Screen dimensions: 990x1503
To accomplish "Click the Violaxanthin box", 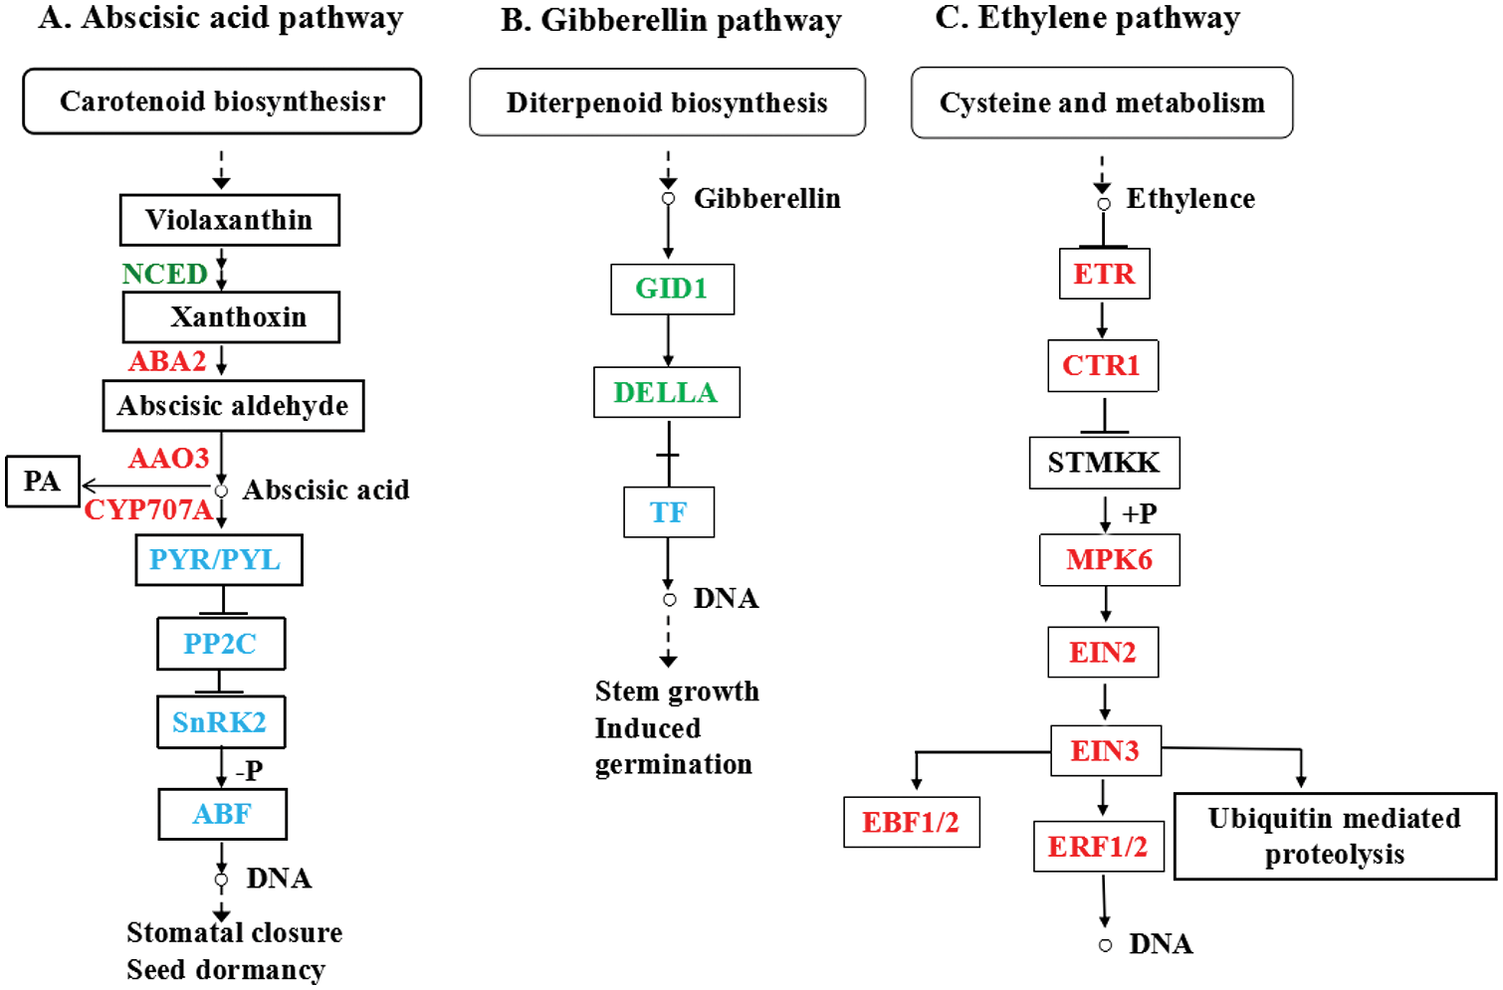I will (x=229, y=220).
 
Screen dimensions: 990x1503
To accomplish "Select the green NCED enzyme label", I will (x=164, y=274).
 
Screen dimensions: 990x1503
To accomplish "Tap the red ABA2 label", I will (x=167, y=361).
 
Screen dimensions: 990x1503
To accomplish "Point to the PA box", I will (x=42, y=482).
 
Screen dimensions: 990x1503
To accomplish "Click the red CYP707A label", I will (x=148, y=510).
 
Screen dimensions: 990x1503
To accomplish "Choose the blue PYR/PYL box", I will (x=218, y=560).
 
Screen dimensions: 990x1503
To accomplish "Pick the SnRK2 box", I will (x=220, y=722).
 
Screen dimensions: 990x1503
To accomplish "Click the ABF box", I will (x=222, y=814).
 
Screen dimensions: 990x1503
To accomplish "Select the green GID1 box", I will (x=672, y=290).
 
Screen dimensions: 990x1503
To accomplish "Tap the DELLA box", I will (x=666, y=392).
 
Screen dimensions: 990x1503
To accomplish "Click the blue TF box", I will (x=668, y=512).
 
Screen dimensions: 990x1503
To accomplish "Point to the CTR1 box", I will (x=1102, y=365).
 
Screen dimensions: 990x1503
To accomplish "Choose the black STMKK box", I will (x=1104, y=463).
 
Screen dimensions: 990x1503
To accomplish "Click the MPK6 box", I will (x=1109, y=560).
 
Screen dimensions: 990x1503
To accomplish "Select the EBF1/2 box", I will (x=911, y=822).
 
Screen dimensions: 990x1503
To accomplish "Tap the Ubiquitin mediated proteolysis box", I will (x=1334, y=837).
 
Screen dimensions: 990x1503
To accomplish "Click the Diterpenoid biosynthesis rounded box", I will (x=667, y=102).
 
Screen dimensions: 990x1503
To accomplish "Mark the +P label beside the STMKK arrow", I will (x=1140, y=513).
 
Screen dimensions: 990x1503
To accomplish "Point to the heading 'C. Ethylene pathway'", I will (x=1087, y=18).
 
